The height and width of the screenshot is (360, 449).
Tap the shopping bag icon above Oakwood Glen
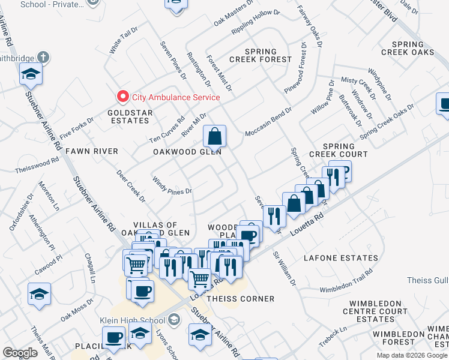coord(214,136)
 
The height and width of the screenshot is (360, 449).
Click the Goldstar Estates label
coord(128,116)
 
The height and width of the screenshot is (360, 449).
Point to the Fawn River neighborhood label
coord(92,151)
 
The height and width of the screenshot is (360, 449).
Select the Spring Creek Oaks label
coord(420,49)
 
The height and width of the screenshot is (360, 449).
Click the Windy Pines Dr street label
coord(172,186)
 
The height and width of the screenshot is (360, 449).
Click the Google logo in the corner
coord(20,353)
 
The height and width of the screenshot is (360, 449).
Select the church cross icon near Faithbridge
coord(42,58)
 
